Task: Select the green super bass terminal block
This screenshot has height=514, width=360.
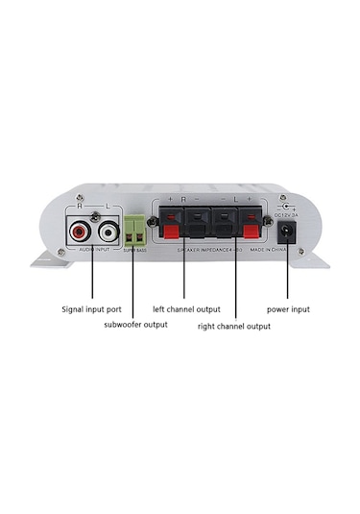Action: tap(134, 231)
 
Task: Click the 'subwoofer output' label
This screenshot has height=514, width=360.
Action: tap(135, 325)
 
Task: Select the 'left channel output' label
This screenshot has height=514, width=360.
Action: tap(187, 310)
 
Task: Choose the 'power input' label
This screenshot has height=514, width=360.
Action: tap(288, 310)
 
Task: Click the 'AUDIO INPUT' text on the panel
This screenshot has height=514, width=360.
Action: tap(93, 249)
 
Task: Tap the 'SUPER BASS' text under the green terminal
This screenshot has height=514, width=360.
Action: tap(135, 250)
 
